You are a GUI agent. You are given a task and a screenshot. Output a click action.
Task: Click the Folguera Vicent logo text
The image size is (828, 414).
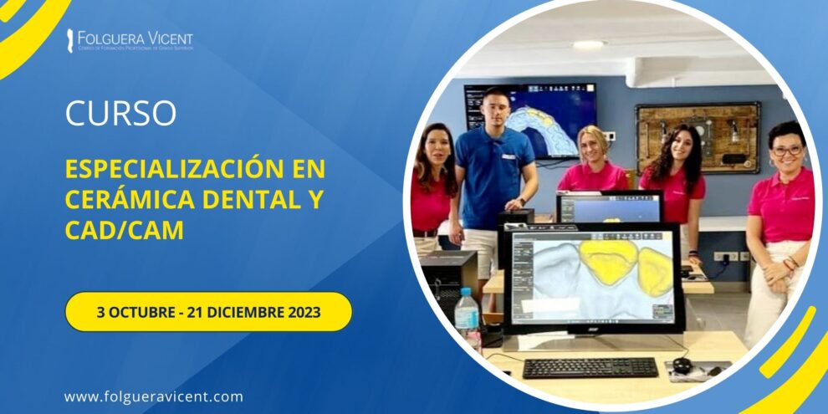click(134, 38)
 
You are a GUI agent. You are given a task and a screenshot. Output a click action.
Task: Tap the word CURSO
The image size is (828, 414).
click(120, 114)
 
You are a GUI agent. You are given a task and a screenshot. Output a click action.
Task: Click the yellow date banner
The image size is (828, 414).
click(208, 312)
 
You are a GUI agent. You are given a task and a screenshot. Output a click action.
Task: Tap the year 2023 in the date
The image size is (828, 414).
click(301, 312)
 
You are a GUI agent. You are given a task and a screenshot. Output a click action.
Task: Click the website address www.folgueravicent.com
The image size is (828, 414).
click(153, 396)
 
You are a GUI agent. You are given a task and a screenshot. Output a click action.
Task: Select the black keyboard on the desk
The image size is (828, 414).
click(590, 367)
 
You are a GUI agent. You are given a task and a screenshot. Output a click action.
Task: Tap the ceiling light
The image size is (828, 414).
click(589, 45)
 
